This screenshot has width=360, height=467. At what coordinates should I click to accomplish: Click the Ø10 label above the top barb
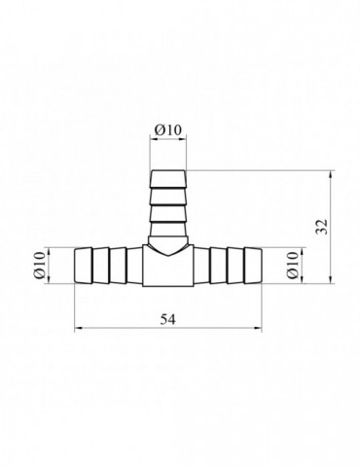coord(168,130)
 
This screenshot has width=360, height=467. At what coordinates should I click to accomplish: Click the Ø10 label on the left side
coord(39,265)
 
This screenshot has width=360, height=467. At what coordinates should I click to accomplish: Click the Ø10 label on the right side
coord(292,265)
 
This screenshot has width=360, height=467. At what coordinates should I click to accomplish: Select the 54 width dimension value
coord(168,320)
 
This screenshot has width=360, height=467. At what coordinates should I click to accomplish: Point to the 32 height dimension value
coord(322,227)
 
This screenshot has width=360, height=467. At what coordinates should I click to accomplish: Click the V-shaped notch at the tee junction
coord(168,250)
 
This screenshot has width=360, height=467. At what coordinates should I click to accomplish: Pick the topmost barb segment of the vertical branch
coord(168,179)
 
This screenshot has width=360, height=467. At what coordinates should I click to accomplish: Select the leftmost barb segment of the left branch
coord(84,266)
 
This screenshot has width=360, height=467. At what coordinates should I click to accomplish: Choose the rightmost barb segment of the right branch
coord(253,266)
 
